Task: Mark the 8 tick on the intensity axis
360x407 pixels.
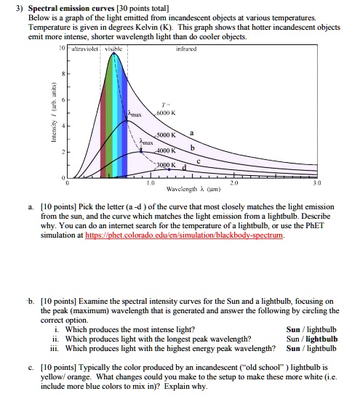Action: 60,74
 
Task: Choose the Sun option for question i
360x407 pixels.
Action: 295,328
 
